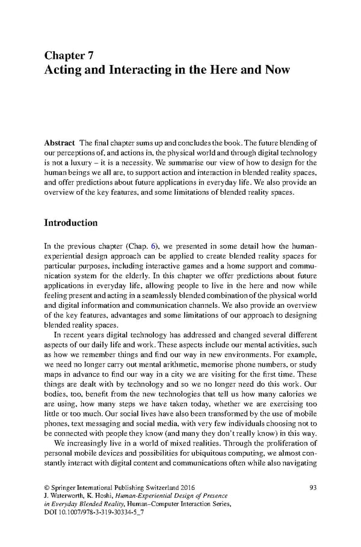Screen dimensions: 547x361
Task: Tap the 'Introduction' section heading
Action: [71, 223]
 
